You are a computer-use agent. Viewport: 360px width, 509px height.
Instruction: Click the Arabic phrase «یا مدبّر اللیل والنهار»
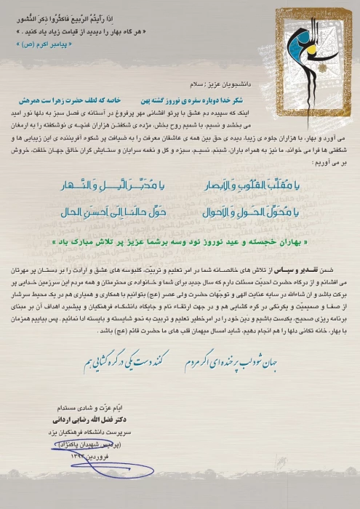click(x=113, y=187)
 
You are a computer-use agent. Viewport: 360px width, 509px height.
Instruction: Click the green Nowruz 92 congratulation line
click(x=181, y=239)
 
